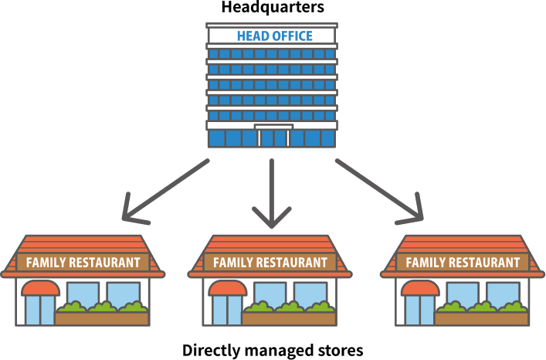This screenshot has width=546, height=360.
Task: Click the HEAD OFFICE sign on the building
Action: click(x=271, y=36)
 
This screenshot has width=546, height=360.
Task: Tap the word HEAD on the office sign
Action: click(x=252, y=36)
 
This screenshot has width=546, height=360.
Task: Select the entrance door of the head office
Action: click(x=273, y=137)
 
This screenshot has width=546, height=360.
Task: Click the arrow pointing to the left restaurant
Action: click(x=166, y=190)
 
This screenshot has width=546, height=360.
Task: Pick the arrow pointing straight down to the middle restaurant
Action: click(x=271, y=193)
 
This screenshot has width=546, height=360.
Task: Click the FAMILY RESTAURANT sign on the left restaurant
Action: click(x=83, y=263)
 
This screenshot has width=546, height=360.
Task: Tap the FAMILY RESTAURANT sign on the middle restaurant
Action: click(x=270, y=263)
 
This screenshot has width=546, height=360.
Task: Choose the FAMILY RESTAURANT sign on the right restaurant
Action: click(x=463, y=263)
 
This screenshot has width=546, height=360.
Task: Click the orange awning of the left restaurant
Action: click(x=40, y=288)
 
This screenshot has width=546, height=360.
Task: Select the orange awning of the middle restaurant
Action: click(x=227, y=288)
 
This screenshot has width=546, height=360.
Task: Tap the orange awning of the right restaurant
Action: click(x=419, y=288)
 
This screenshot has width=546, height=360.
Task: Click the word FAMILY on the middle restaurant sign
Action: click(x=232, y=263)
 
